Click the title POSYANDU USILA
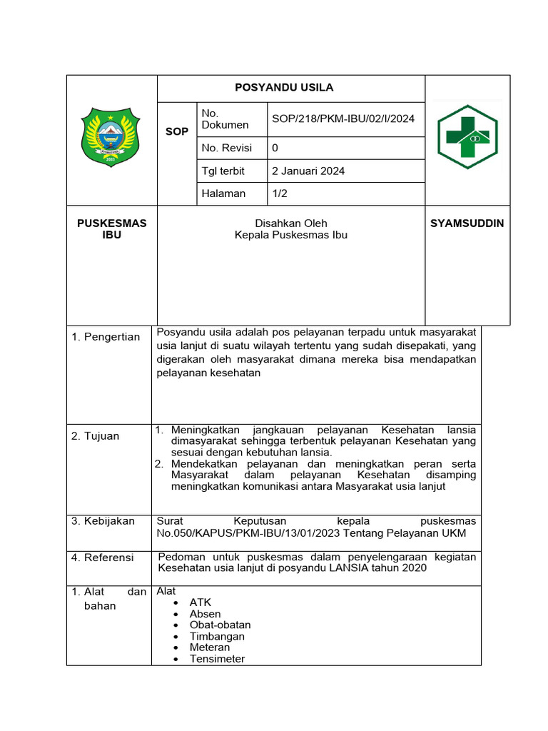coord(284,88)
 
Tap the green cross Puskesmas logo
coord(467,135)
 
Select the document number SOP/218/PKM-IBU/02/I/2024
coord(343,119)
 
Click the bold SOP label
coord(177,131)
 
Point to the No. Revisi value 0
coord(275,148)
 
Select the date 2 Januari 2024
coord(308,171)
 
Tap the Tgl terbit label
coord(223,171)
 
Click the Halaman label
coord(223,193)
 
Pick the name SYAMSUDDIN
coord(467,223)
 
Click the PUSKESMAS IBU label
coord(111,228)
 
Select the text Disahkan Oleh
coord(291,223)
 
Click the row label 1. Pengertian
coord(106,337)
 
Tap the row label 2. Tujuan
coord(96,436)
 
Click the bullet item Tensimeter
coord(217,659)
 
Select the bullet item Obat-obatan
coord(220,625)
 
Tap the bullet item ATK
coord(200,603)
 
